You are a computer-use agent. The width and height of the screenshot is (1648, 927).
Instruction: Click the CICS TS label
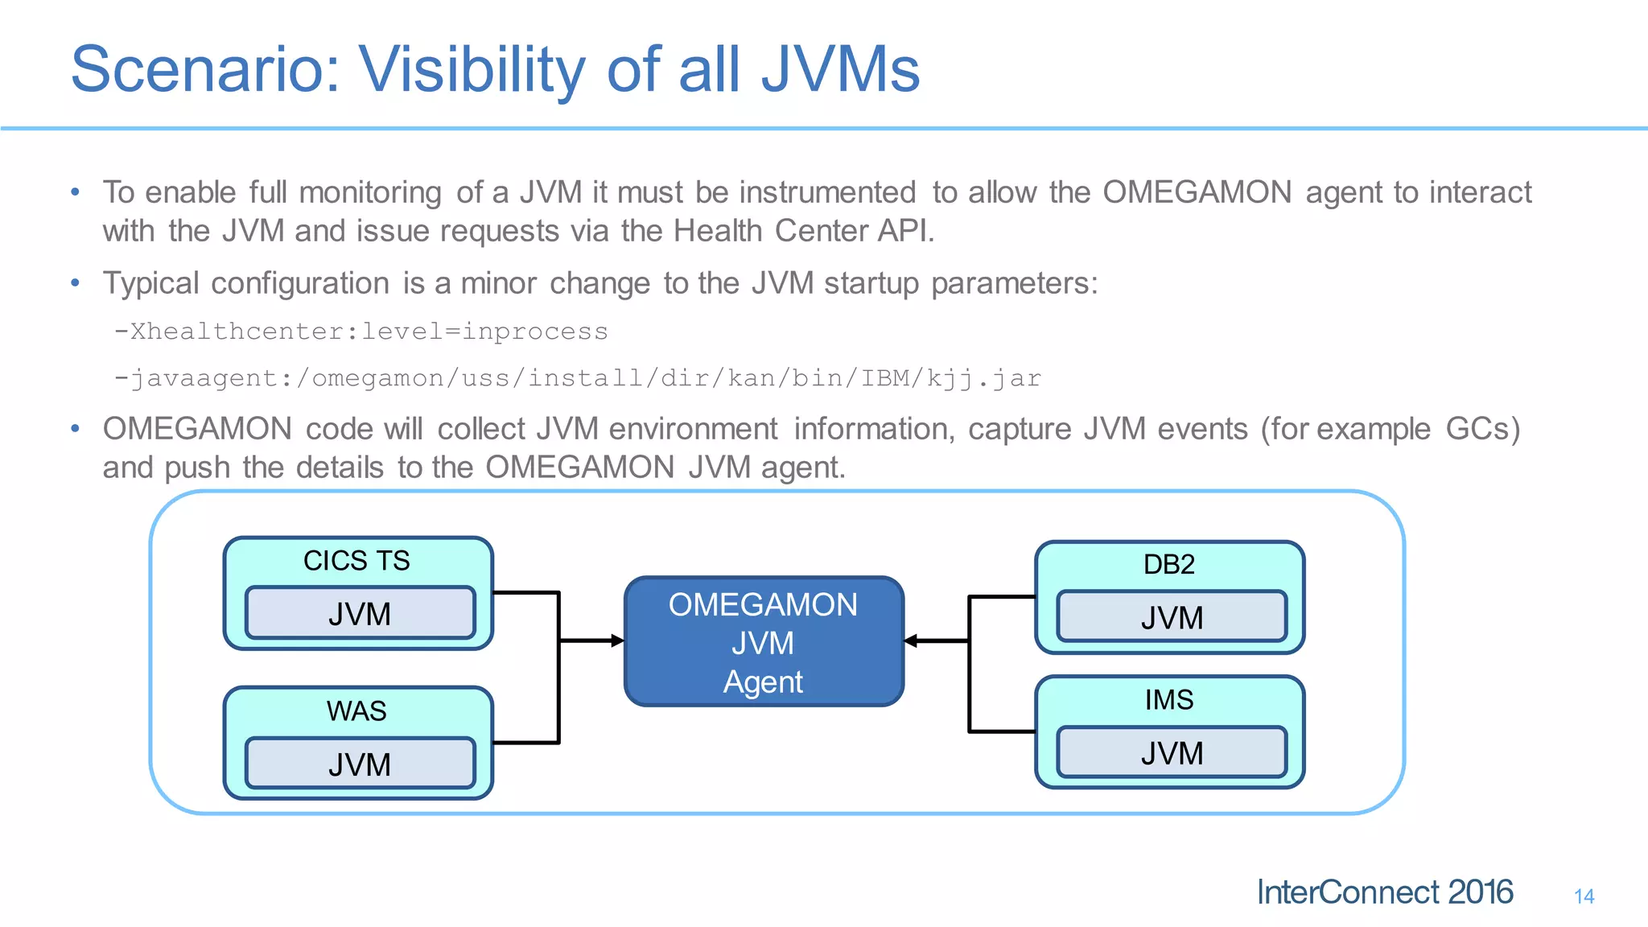pyautogui.click(x=356, y=561)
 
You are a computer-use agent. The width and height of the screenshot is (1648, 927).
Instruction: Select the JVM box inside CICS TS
pyautogui.click(x=360, y=614)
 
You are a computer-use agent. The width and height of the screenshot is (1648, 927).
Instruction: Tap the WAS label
pyautogui.click(x=356, y=711)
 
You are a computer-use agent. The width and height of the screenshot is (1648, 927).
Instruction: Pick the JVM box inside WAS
pyautogui.click(x=360, y=764)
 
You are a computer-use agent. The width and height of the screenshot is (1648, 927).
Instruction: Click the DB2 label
pyautogui.click(x=1168, y=565)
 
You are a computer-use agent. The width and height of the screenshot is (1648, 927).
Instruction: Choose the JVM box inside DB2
pyautogui.click(x=1172, y=618)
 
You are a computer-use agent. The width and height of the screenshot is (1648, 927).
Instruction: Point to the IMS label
pyautogui.click(x=1168, y=700)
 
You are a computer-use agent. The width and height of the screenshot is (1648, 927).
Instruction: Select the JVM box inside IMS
pyautogui.click(x=1172, y=753)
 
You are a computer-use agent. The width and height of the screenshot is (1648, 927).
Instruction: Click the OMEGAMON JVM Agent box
pyautogui.click(x=763, y=642)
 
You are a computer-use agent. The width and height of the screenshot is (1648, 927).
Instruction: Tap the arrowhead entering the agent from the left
pyautogui.click(x=617, y=641)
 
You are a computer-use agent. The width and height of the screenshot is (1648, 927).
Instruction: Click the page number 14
pyautogui.click(x=1584, y=896)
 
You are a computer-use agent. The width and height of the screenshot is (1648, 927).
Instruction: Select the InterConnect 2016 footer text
pyautogui.click(x=1384, y=892)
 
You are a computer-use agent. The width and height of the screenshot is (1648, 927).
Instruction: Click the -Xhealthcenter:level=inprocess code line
pyautogui.click(x=361, y=332)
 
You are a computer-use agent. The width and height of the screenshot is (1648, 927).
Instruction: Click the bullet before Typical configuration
pyautogui.click(x=75, y=283)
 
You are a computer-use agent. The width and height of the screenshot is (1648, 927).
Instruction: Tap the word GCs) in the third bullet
pyautogui.click(x=1482, y=429)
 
